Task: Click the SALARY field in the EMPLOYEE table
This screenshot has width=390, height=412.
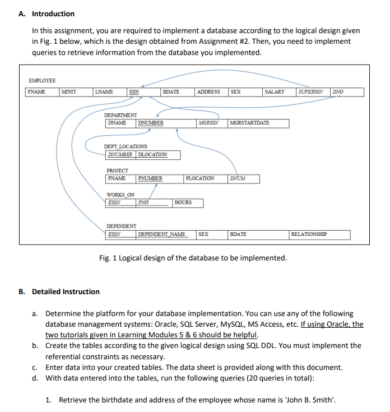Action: [x=275, y=92]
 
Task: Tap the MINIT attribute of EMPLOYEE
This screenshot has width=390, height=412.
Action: [x=69, y=92]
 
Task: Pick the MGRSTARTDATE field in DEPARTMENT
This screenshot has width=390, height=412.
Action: [x=249, y=123]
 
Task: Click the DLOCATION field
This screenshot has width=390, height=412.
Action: [x=152, y=154]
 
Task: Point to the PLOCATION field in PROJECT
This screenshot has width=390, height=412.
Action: [x=200, y=178]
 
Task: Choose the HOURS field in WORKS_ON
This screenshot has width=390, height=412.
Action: [x=183, y=203]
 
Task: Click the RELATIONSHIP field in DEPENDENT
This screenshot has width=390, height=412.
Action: [x=309, y=234]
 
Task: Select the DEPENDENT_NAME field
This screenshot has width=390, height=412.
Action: [x=162, y=234]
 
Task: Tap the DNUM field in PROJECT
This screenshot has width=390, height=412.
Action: [x=237, y=178]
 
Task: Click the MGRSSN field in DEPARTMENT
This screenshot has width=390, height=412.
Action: [x=208, y=123]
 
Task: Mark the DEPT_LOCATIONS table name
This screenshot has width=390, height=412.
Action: [x=126, y=147]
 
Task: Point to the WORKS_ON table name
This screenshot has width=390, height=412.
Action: [x=120, y=195]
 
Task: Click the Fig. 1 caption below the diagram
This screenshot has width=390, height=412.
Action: [x=192, y=258]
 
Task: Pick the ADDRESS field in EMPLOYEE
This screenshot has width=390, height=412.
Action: [x=208, y=92]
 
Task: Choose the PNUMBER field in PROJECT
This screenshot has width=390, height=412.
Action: [x=151, y=178]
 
